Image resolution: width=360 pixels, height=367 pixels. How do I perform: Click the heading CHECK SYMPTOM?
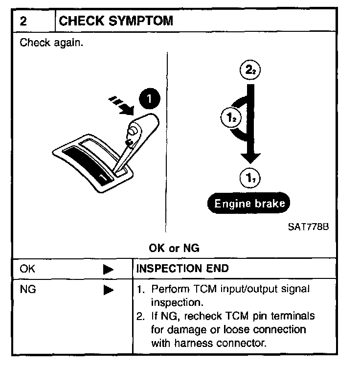click(116, 21)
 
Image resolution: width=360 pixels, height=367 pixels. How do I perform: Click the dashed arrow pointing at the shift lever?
click(121, 104)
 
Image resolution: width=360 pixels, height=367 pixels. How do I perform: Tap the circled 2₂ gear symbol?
click(249, 70)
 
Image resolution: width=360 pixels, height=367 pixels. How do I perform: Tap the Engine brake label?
click(250, 203)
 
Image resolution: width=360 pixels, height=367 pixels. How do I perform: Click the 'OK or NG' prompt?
click(174, 248)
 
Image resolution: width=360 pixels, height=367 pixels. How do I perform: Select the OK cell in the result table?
click(28, 269)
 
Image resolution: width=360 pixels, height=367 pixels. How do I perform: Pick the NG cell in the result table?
click(28, 290)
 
